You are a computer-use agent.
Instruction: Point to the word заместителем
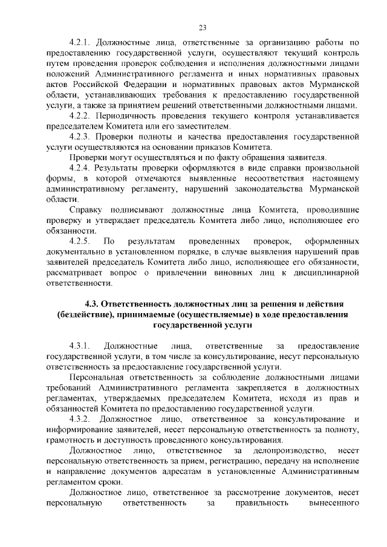coord(203,126)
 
